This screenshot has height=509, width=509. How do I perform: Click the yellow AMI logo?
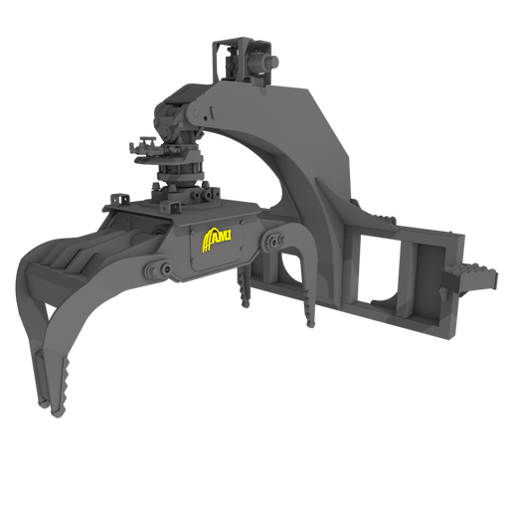[216, 240]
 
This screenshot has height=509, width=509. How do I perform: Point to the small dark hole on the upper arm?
[206, 118]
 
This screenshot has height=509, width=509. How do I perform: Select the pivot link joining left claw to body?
[157, 270]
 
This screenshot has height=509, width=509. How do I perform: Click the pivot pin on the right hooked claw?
[274, 241]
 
